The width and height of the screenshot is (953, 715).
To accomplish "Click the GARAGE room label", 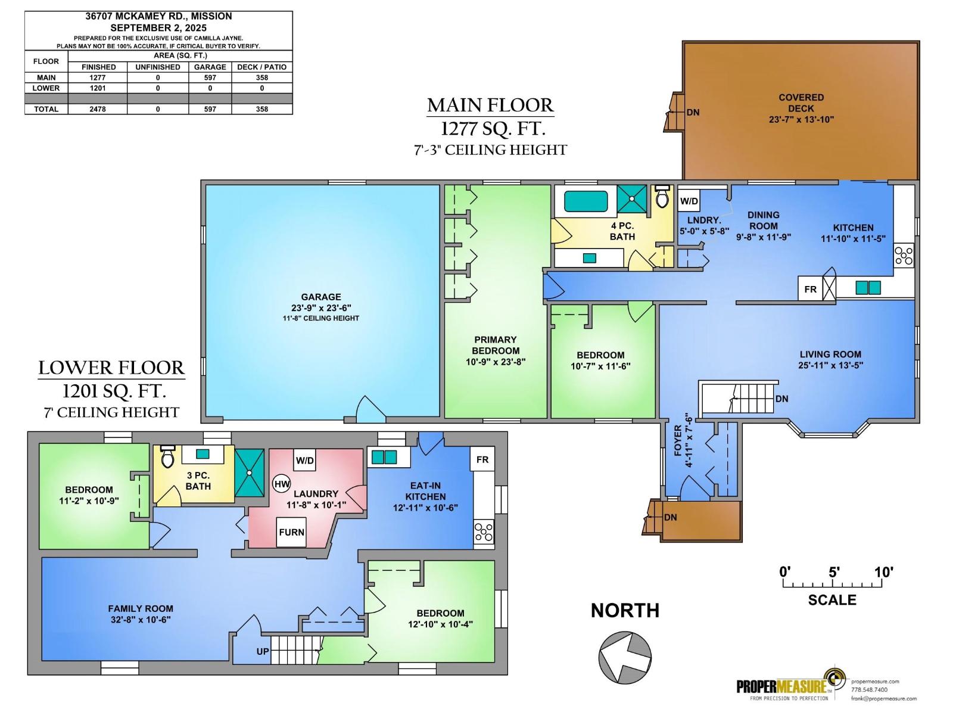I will click(x=321, y=297).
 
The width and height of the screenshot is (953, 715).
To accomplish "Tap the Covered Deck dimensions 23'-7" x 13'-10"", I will click(x=801, y=119).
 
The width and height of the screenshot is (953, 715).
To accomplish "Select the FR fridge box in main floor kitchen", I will click(x=810, y=289).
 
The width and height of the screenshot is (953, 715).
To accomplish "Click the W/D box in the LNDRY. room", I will click(x=689, y=201).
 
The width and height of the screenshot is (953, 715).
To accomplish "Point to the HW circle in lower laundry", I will click(x=282, y=483).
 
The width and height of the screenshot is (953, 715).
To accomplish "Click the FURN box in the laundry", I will click(x=291, y=532).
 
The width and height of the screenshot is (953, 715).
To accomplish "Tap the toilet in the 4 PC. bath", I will click(x=662, y=197).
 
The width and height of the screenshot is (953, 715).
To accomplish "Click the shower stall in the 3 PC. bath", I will click(x=249, y=472).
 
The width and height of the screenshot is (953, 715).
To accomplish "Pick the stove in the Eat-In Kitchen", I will click(x=484, y=531).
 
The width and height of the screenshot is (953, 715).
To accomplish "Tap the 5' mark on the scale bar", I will click(x=833, y=573).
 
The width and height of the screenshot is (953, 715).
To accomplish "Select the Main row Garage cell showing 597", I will click(x=210, y=77).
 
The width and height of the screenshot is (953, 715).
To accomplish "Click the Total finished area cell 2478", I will click(x=98, y=109).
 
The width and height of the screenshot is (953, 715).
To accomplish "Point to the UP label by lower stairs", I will click(x=263, y=651).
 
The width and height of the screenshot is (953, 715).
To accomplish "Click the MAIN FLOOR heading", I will click(x=490, y=105).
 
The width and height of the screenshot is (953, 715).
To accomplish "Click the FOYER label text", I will click(x=678, y=441).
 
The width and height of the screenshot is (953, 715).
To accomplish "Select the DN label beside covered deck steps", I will click(x=693, y=112).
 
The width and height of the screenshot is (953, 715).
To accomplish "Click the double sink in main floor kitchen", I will click(x=868, y=288).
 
